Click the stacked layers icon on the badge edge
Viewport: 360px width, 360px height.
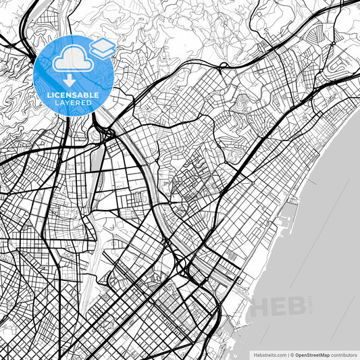pos(103,47)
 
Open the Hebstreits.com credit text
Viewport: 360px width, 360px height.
pos(269,354)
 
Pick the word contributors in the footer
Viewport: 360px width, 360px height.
pos(346,354)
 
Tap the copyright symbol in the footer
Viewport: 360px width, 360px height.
pos(291,354)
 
